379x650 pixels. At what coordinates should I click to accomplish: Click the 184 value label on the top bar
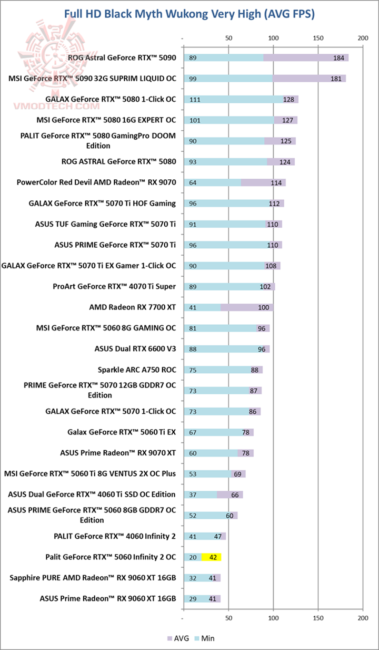point(338,58)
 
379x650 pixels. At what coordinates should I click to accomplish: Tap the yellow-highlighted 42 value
point(213,557)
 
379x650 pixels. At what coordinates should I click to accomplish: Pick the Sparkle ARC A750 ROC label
point(136,370)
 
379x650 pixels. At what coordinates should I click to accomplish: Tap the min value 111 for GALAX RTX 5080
point(195,100)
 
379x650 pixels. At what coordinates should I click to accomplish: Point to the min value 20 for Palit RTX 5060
point(193,557)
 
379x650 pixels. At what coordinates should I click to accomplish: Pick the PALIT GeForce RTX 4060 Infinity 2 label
point(114,536)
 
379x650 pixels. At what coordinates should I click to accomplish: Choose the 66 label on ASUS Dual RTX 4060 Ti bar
point(235,494)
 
